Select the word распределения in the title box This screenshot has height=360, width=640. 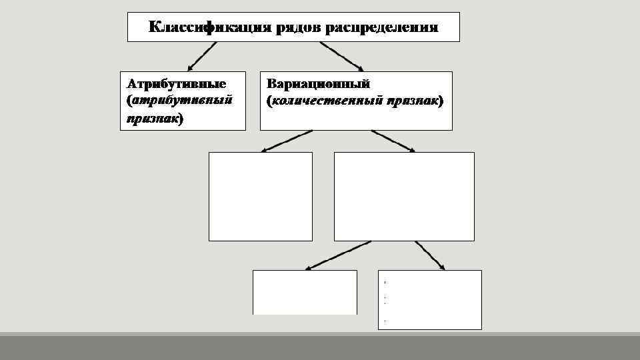coord(381,27)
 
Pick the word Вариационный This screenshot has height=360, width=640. coord(318,84)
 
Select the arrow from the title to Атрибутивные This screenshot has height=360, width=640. coord(202,56)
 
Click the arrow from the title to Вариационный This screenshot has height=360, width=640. coord(342,56)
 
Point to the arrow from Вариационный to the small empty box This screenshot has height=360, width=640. coord(290,141)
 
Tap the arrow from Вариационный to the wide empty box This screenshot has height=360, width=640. coord(393,141)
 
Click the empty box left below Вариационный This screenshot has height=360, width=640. coord(260,196)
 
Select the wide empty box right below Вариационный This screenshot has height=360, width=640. coord(404,196)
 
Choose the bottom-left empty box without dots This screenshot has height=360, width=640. coord(305,292)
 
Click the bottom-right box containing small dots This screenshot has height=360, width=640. coord(429,299)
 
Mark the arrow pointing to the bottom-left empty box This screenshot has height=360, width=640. coord(337,255)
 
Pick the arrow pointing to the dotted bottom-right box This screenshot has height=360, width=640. coord(431,255)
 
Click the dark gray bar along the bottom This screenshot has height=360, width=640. coord(320,347)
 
